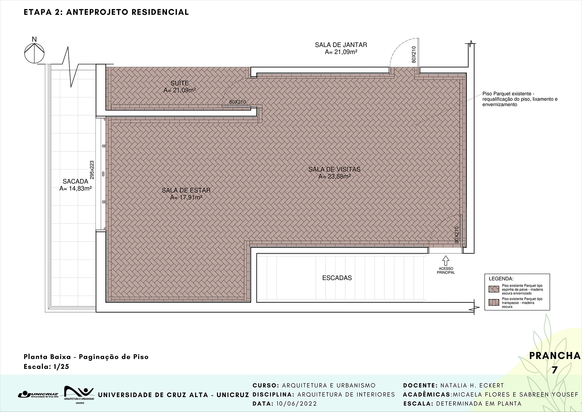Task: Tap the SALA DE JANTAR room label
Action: (x=341, y=48)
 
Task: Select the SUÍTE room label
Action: (x=180, y=86)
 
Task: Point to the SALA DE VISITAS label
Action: (x=334, y=173)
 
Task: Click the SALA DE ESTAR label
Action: (x=186, y=194)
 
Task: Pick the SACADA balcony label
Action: (x=75, y=185)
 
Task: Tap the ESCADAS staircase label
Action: (x=337, y=278)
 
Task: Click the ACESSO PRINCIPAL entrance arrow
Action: (x=446, y=261)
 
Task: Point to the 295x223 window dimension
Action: (x=92, y=170)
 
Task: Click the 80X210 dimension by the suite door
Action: (x=237, y=102)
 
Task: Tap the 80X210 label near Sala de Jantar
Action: (x=414, y=55)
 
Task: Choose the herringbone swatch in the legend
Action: (x=494, y=289)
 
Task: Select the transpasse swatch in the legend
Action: (x=494, y=302)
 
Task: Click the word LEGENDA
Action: (x=501, y=279)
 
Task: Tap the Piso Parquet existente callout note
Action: (x=520, y=99)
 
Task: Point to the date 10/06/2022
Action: (x=296, y=404)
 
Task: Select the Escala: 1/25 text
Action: (x=46, y=367)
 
